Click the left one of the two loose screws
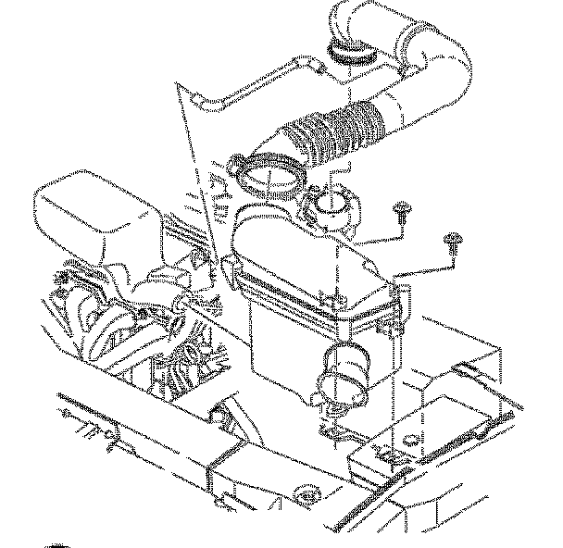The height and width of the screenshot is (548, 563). (402, 211)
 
